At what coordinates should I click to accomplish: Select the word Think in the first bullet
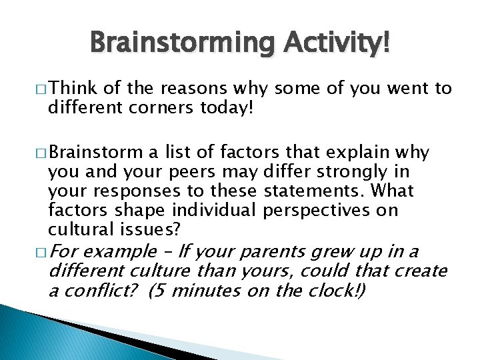[x=71, y=88]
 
